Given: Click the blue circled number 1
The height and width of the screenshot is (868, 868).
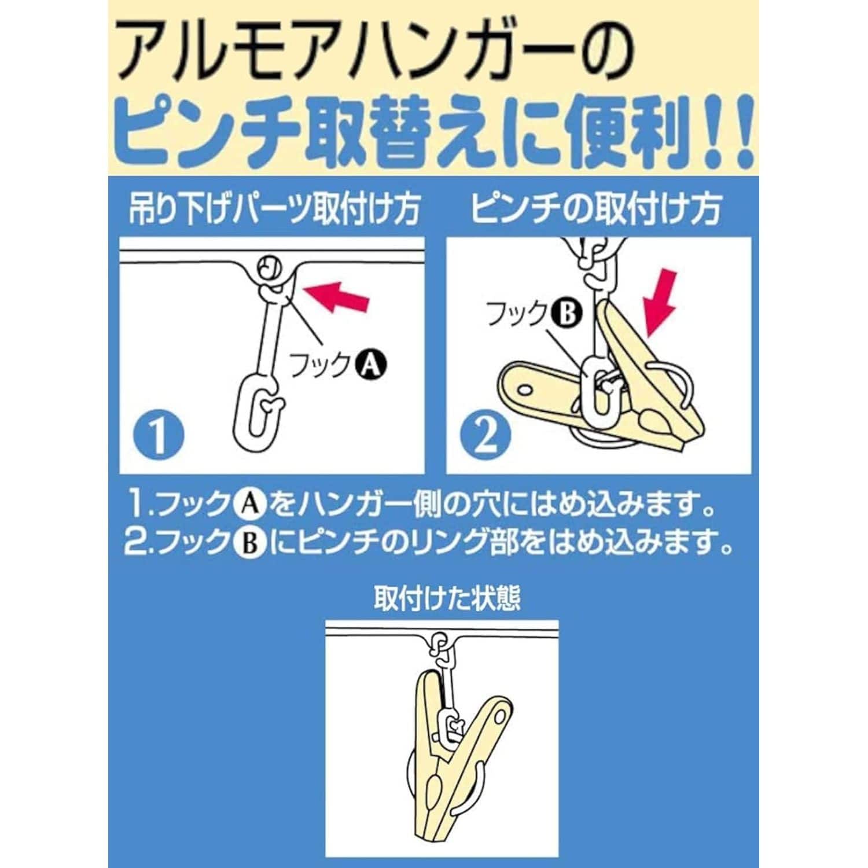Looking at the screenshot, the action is coord(157,435).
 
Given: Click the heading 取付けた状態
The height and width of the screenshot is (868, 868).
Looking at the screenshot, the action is coord(447,599).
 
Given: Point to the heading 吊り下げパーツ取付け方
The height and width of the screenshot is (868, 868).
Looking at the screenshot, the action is coord(274,209).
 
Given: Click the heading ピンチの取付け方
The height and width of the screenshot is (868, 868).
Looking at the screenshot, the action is coord(597,209).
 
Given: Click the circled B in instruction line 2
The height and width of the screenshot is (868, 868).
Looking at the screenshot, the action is coord(252,544).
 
